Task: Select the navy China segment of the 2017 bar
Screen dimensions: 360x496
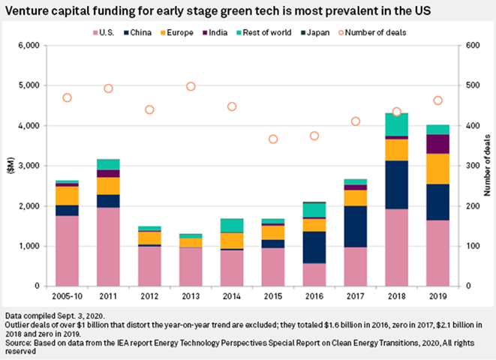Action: click(x=355, y=226)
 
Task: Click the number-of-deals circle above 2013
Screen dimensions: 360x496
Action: click(x=191, y=86)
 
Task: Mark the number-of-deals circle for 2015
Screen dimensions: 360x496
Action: click(x=273, y=139)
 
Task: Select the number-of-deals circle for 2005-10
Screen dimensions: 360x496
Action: click(x=68, y=97)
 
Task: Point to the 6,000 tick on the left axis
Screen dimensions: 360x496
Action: click(x=28, y=45)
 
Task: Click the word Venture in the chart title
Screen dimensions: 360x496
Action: click(x=28, y=12)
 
